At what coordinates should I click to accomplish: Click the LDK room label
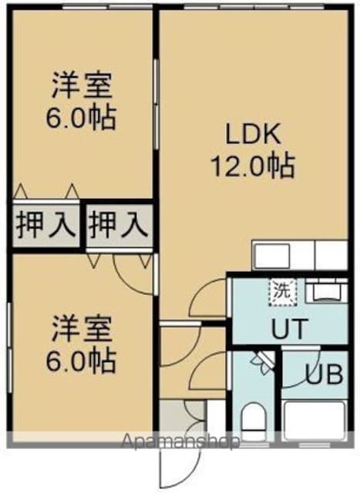[x=254, y=134]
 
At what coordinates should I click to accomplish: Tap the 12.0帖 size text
[x=254, y=166]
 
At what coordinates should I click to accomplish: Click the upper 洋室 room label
[x=82, y=86]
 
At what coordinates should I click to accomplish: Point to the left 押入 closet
[x=46, y=226]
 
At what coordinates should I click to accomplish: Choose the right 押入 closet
[x=118, y=226]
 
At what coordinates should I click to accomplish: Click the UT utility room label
[x=289, y=329]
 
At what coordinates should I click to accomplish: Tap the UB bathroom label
[x=325, y=375]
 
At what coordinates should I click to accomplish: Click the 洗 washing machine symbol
[x=283, y=293]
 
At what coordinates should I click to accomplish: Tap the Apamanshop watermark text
[x=180, y=441]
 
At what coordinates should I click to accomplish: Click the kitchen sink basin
[x=272, y=256]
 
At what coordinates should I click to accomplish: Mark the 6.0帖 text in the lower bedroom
[x=81, y=361]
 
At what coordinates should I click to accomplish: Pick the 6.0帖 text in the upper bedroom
[x=81, y=118]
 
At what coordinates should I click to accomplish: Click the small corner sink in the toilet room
[x=264, y=361]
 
